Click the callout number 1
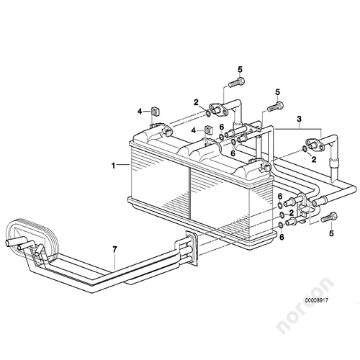pos(113,166)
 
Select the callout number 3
pos(299,119)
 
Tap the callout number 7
pos(114,250)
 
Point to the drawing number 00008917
pos(316,300)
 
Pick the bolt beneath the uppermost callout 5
pos(237,83)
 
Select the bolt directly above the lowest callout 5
pos(329,217)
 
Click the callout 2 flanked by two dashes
pos(292,212)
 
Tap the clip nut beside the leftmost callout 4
pos(156,112)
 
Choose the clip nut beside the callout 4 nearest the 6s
pos(209,130)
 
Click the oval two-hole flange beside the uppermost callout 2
pos(217,109)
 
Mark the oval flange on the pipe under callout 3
pos(312,144)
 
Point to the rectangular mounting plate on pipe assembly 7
pos(192,248)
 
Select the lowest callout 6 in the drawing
pos(282,237)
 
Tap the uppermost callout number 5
pos(240,70)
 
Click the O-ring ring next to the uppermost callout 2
pos(208,113)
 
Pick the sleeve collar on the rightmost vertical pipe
pos(333,163)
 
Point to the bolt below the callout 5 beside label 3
pos(276,107)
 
